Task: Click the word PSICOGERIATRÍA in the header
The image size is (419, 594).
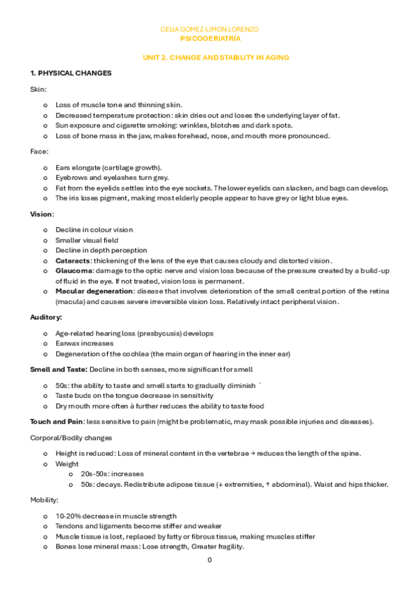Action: [210, 39]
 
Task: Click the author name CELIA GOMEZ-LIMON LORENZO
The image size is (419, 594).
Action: [210, 29]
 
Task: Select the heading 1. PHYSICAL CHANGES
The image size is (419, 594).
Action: [70, 73]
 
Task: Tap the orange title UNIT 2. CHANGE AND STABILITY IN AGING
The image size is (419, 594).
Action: [210, 57]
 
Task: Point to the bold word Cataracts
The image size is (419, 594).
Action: [73, 260]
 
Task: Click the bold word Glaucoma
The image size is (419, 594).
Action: [74, 270]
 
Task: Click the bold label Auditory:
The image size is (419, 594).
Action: [46, 317]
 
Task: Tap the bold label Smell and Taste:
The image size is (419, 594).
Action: [58, 368]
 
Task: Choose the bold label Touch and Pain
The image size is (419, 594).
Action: [57, 421]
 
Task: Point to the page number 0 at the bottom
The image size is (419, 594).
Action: [209, 560]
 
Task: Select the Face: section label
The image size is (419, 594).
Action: [39, 151]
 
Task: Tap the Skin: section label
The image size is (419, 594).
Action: [38, 89]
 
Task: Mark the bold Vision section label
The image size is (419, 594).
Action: [41, 214]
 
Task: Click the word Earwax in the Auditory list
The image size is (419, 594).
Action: [68, 343]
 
